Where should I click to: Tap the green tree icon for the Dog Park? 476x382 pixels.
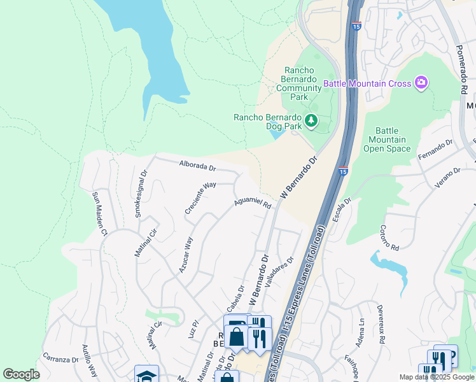point(311,120)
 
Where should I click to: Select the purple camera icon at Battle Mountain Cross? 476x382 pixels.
point(421,83)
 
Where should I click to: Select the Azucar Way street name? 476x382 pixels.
point(184,255)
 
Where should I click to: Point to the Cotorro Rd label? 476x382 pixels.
point(389,237)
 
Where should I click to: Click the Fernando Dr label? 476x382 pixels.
point(435,150)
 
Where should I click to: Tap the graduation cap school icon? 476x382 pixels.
point(146,376)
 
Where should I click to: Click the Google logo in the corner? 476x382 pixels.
point(21,374)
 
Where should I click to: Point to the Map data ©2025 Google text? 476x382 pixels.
point(436,377)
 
